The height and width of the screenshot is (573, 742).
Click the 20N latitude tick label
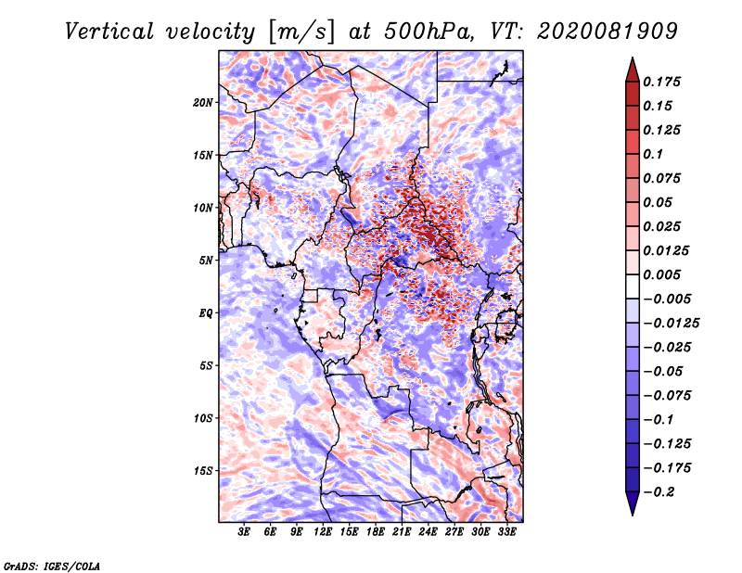(203, 103)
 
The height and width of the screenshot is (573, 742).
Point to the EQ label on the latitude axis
(206, 313)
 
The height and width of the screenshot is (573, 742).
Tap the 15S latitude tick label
(203, 471)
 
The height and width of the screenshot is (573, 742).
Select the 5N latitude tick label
(206, 261)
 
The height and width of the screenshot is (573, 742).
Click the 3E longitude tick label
(244, 531)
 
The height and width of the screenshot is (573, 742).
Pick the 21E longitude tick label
(402, 531)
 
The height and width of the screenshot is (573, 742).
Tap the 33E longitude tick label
(506, 531)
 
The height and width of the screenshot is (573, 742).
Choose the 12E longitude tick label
(323, 531)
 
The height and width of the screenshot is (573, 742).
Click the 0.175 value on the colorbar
(661, 82)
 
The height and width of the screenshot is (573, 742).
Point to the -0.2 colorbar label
(659, 492)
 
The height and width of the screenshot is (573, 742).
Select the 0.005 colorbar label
(661, 274)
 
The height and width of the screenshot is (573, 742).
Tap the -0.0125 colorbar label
(671, 324)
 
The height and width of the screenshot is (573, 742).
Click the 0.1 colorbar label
(653, 154)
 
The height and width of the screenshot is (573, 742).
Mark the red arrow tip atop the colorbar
(633, 58)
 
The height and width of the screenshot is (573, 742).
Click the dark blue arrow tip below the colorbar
(633, 514)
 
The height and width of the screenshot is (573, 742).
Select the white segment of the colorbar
(633, 286)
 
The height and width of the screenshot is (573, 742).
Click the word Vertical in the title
(109, 32)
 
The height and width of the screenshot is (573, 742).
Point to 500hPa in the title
(429, 32)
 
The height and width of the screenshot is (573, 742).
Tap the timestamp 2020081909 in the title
(608, 32)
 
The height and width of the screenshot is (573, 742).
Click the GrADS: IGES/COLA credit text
(52, 567)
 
